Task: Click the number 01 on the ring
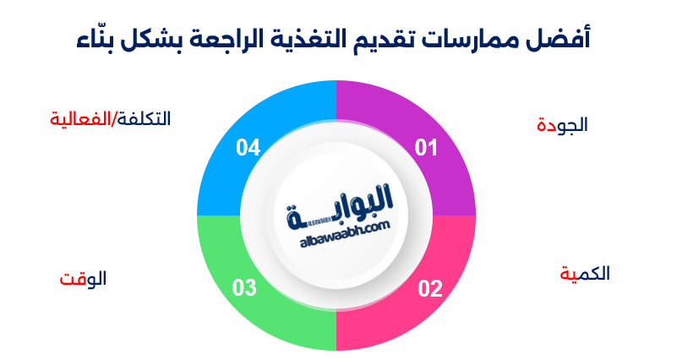point(426,149)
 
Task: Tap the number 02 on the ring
point(430,289)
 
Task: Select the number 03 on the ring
point(244,289)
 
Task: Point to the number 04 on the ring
point(248,149)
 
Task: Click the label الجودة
point(562,125)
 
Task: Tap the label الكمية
point(585,274)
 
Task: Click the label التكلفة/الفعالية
point(110,119)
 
